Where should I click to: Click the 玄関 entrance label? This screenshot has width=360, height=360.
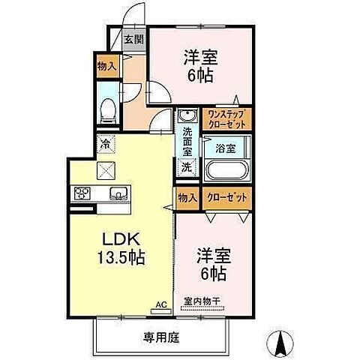(x=135, y=40)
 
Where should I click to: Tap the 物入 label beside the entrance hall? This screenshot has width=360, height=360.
(x=106, y=66)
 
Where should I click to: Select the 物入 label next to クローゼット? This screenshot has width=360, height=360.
(x=188, y=197)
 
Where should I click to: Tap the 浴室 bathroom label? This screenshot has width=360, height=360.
(x=224, y=148)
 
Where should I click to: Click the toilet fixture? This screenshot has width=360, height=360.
(x=108, y=109)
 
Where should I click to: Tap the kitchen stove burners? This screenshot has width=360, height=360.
(x=82, y=193)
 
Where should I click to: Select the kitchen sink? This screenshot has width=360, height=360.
(x=118, y=194)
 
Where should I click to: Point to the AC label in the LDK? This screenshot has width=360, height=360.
(x=160, y=304)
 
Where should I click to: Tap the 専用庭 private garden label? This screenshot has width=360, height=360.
(x=163, y=337)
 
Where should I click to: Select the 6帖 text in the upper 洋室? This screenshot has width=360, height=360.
(x=199, y=75)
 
